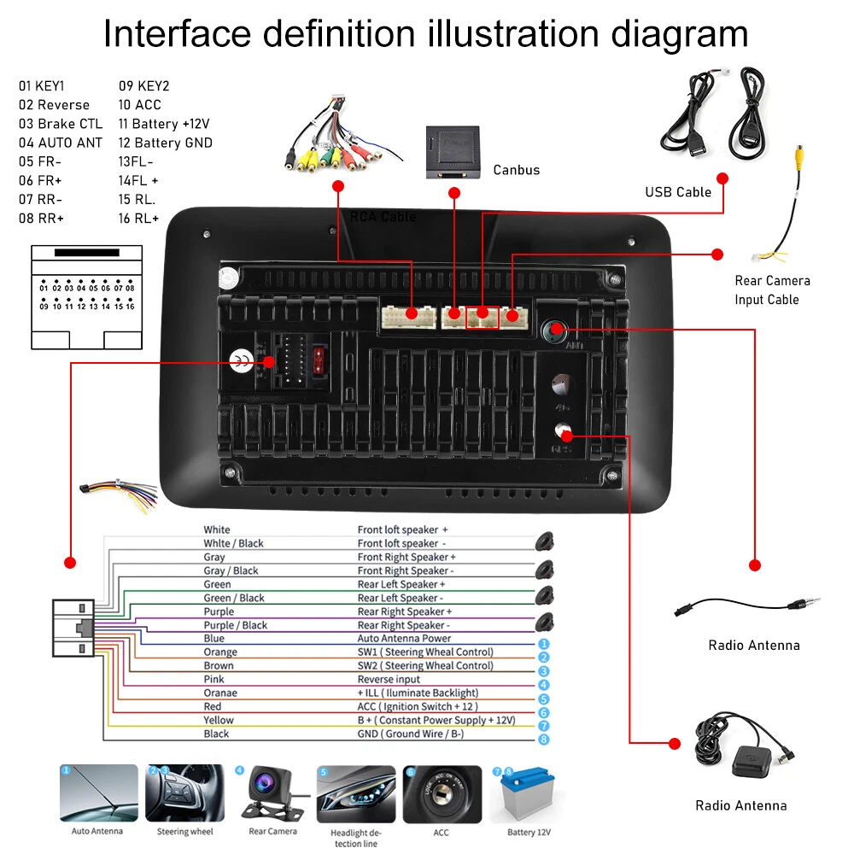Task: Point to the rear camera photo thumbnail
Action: (x=272, y=794)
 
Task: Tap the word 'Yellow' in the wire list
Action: (x=219, y=720)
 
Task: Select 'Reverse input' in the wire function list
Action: (x=389, y=679)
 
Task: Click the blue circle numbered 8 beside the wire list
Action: (x=543, y=740)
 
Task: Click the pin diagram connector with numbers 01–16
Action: (x=86, y=297)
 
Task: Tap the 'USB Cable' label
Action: (x=678, y=192)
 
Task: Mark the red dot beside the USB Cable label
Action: (x=722, y=178)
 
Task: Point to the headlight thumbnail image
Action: (x=356, y=794)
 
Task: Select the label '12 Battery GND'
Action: (x=165, y=143)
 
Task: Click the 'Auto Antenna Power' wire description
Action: (x=404, y=638)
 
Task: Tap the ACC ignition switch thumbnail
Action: (x=442, y=794)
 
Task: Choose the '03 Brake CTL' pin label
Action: (x=61, y=124)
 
